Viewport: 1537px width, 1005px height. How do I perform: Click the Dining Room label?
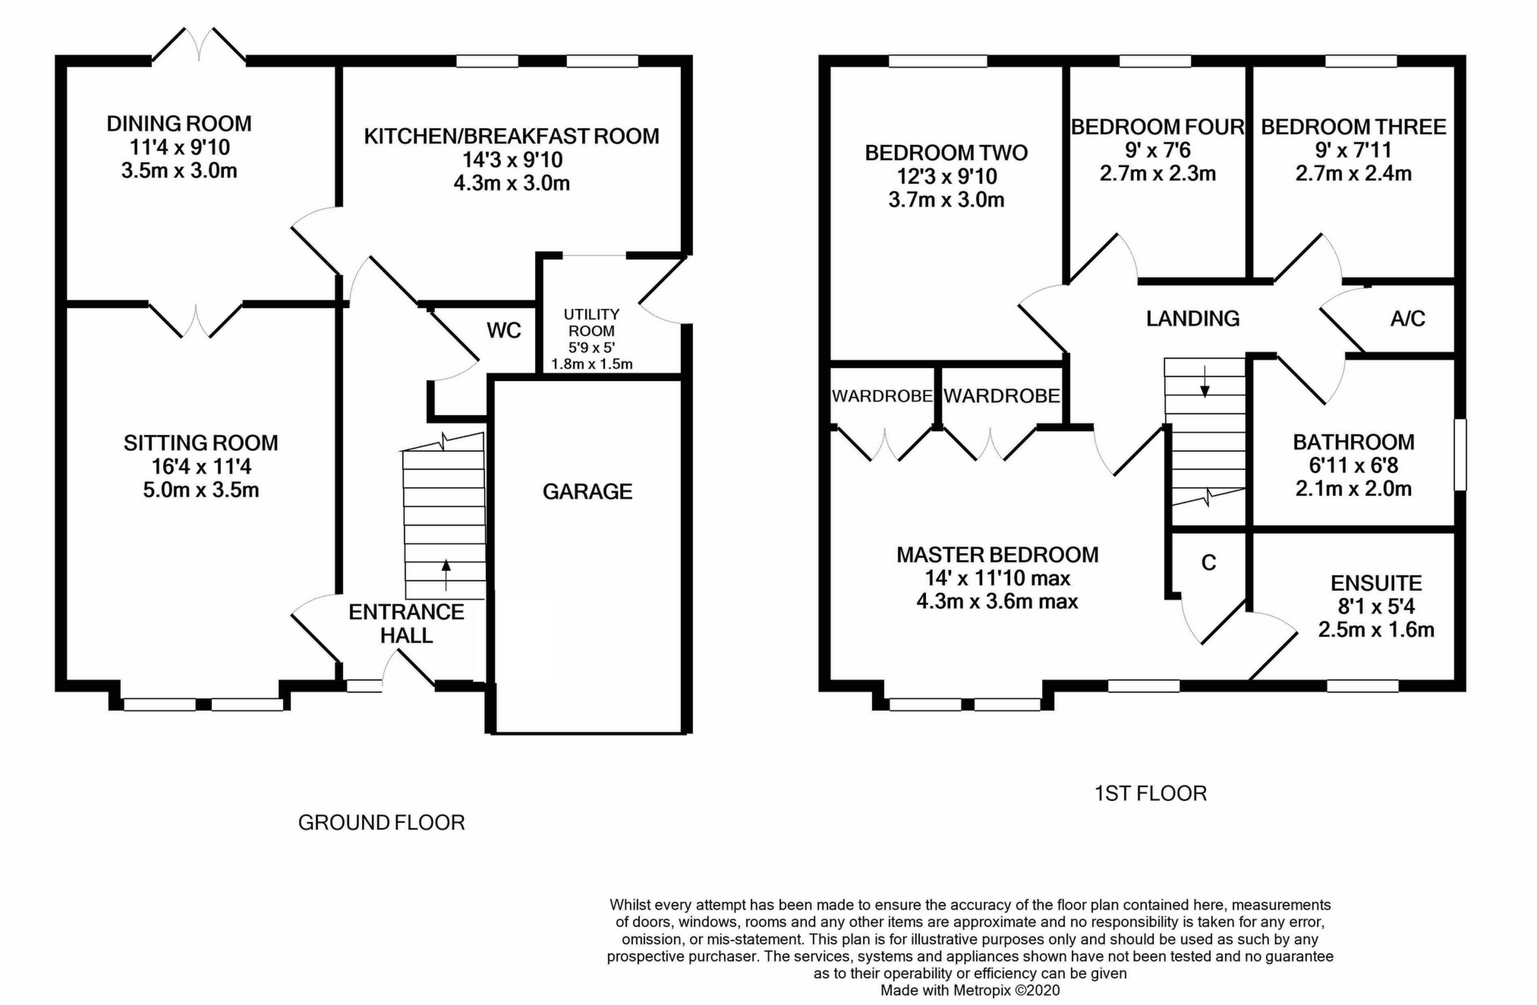point(179,123)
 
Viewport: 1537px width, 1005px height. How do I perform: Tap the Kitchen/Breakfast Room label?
point(512,136)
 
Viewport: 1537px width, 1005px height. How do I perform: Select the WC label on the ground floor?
point(504,330)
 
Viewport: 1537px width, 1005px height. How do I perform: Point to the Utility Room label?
point(591,322)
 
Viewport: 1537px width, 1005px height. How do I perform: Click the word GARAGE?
point(587,492)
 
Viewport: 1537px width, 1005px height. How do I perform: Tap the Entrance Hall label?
point(406,623)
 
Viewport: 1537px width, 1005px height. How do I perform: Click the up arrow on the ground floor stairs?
point(446,575)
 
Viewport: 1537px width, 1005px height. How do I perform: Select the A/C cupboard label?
point(1408,319)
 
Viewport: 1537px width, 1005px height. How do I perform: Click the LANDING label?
point(1192,319)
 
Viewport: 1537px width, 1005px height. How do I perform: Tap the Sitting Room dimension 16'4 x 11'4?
point(201,466)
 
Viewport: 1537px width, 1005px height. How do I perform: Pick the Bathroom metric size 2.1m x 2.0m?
point(1353,489)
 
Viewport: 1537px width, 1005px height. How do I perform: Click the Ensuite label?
point(1376,583)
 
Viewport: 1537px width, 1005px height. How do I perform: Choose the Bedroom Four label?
point(1157,127)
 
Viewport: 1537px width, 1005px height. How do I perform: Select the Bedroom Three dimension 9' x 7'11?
point(1353,150)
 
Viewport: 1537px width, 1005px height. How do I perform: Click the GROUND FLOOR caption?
point(381,823)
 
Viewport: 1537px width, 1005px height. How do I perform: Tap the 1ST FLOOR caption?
point(1151,794)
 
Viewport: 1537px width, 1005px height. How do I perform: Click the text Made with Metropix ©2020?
point(970,991)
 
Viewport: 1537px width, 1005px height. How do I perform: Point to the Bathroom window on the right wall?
point(1460,455)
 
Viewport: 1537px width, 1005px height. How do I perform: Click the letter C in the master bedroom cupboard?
point(1209,562)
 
